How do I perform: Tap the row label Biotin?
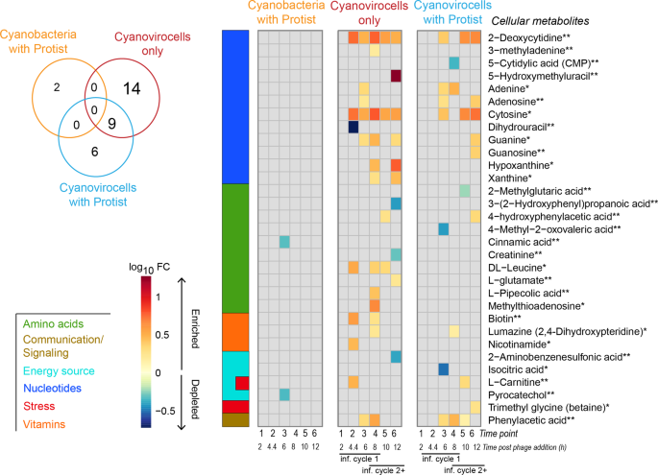[506, 318]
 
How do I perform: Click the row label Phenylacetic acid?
[533, 419]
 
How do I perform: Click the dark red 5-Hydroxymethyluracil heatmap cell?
[396, 76]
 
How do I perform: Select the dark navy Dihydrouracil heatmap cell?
[353, 127]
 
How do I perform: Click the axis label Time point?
[509, 435]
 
